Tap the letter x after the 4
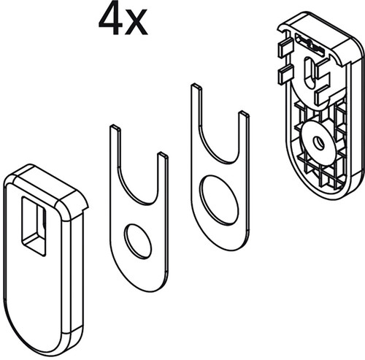click(x=136, y=23)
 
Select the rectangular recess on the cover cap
click(x=34, y=226)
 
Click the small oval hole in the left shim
click(x=137, y=240)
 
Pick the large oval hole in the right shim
click(x=218, y=200)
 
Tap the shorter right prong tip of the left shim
click(x=163, y=155)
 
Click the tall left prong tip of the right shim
click(x=196, y=86)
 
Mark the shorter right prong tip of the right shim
click(x=244, y=114)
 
